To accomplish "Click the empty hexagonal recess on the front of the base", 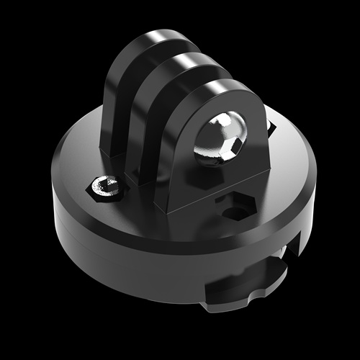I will (x=234, y=207).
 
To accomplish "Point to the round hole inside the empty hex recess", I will (x=233, y=213).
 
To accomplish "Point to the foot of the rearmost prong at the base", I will (x=112, y=151).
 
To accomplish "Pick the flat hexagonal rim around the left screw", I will (x=96, y=188).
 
